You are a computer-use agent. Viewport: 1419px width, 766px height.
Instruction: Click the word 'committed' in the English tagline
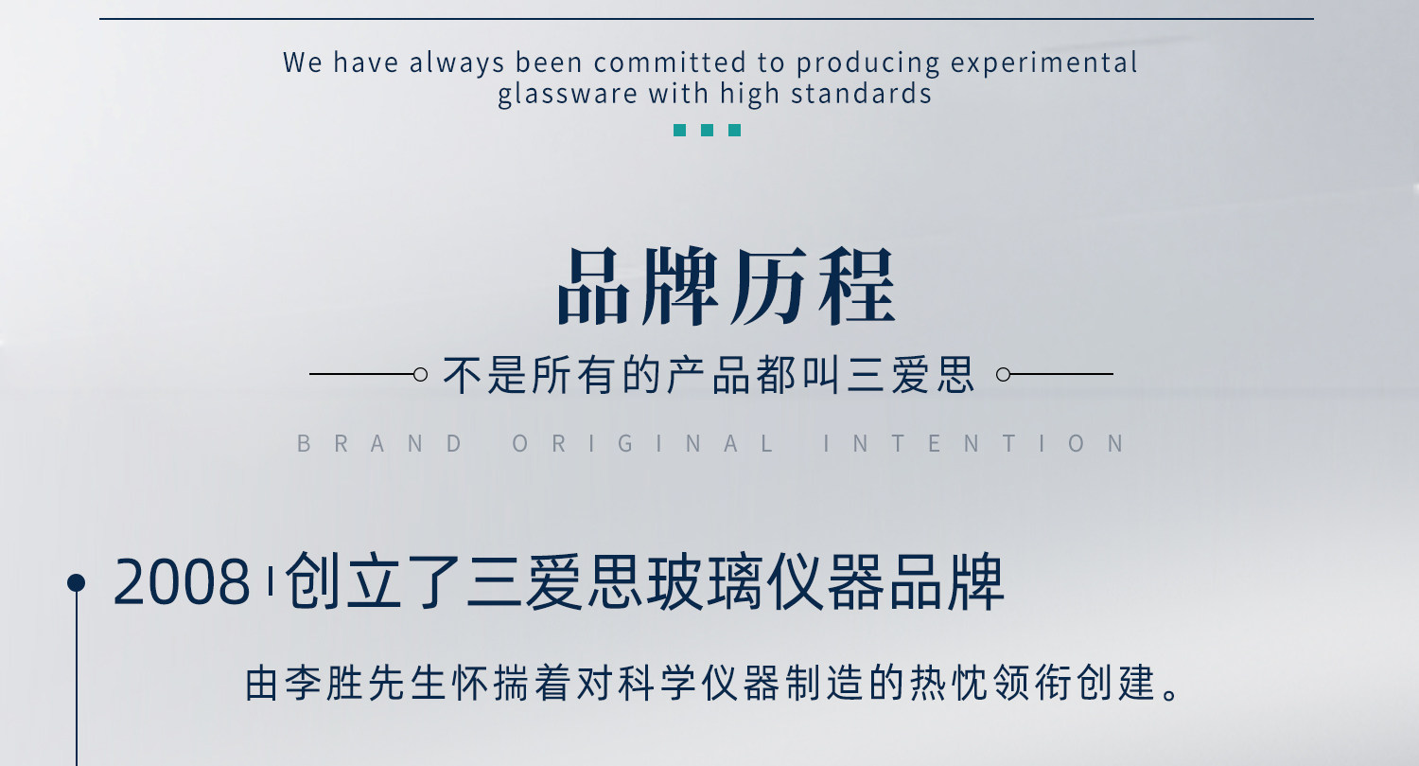tap(670, 62)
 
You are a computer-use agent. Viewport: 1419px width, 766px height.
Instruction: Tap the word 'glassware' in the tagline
tap(567, 95)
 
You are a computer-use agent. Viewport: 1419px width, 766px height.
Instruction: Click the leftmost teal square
tap(680, 130)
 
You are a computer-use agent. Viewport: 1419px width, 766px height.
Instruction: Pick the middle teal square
tap(707, 130)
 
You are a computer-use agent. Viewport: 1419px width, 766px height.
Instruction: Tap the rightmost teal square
tap(734, 130)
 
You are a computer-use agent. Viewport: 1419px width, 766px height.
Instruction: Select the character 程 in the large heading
tap(857, 287)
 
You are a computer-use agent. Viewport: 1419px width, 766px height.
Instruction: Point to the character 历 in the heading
tap(769, 287)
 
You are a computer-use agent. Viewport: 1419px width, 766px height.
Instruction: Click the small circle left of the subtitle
tap(420, 375)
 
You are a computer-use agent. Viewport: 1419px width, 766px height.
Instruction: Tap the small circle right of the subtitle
tap(1003, 375)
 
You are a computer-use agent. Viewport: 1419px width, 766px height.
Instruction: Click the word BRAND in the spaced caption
tap(379, 444)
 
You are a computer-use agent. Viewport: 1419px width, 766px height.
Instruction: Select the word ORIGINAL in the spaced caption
tap(642, 444)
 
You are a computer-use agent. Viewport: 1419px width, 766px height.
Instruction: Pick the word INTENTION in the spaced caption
tap(973, 444)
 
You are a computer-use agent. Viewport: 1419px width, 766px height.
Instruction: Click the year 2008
tap(182, 582)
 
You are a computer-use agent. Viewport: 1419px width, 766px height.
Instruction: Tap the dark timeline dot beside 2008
tap(76, 582)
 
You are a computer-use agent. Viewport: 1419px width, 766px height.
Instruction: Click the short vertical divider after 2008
tap(271, 581)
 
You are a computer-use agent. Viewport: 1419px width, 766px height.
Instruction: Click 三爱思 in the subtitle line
tap(910, 375)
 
